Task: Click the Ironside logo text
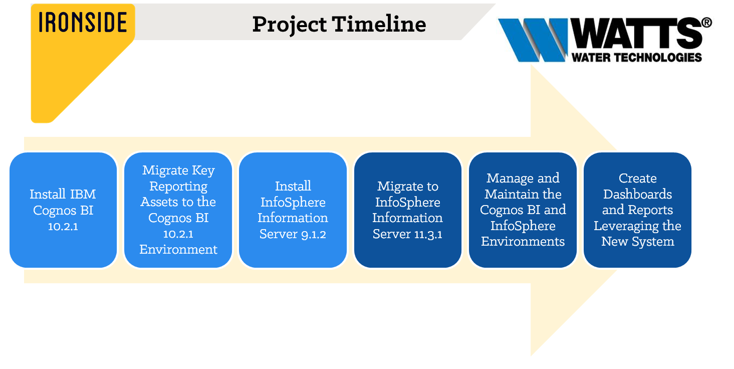click(83, 22)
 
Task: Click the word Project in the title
click(289, 25)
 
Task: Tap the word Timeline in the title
click(379, 24)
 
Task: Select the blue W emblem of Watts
click(533, 40)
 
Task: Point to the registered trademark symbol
click(707, 23)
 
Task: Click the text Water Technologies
click(637, 57)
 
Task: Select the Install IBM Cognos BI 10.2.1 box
click(63, 210)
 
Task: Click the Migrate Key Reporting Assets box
click(178, 210)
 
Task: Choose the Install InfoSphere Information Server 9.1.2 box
click(293, 210)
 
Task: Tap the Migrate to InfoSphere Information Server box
click(408, 210)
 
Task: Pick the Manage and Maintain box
click(523, 210)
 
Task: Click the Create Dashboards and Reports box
click(637, 210)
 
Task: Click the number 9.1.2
click(314, 234)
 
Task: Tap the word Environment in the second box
click(178, 250)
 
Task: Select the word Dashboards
click(638, 194)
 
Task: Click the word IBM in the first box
click(83, 194)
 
